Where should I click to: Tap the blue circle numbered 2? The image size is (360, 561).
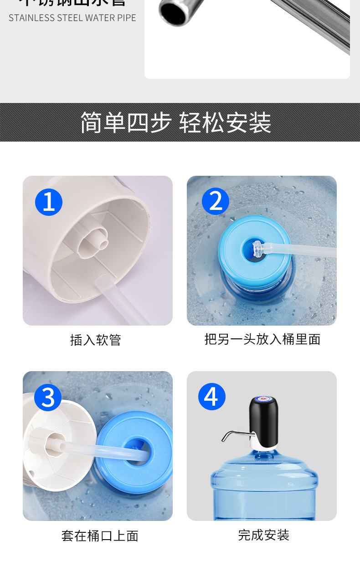pyautogui.click(x=216, y=201)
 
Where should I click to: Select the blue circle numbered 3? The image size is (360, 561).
pyautogui.click(x=48, y=397)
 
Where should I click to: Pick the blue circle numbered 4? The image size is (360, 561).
pyautogui.click(x=212, y=397)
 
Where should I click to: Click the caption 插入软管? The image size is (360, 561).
pyautogui.click(x=96, y=340)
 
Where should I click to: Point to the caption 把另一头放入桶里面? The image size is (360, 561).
pyautogui.click(x=262, y=339)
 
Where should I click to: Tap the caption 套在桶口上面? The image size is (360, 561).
pyautogui.click(x=100, y=535)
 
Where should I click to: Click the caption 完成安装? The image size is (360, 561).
pyautogui.click(x=264, y=535)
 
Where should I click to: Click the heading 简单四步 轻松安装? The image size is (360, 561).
pyautogui.click(x=176, y=122)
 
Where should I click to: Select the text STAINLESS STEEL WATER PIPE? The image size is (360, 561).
pyautogui.click(x=72, y=18)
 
